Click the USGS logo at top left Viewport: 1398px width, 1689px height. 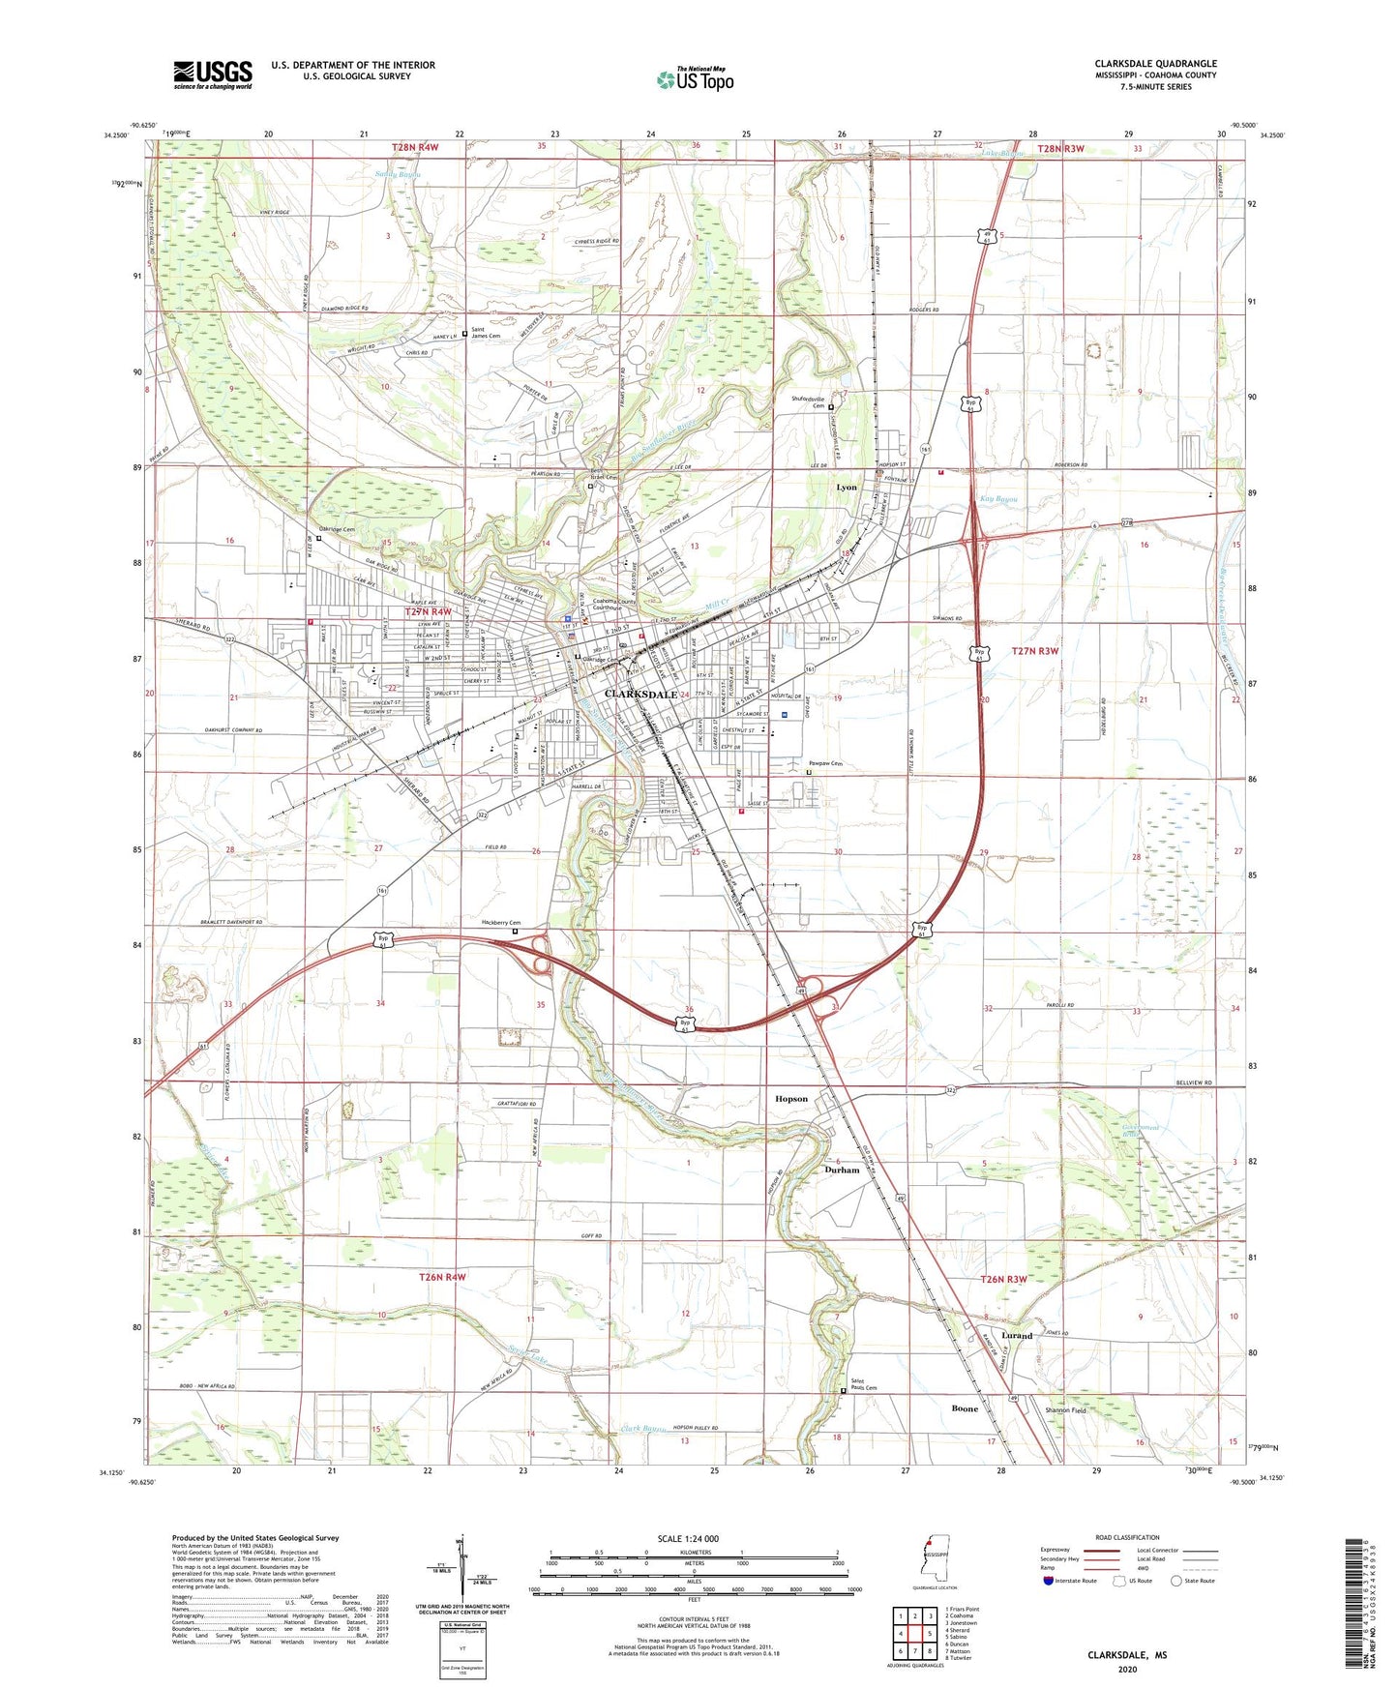click(x=212, y=74)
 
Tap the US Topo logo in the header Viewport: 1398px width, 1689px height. click(x=695, y=79)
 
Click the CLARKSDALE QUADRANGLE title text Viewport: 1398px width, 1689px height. click(x=1155, y=64)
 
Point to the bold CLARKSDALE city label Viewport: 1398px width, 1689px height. click(x=640, y=695)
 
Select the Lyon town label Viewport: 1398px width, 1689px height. click(x=847, y=488)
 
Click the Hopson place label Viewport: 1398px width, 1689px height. click(x=791, y=1099)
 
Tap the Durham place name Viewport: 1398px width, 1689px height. click(x=842, y=1170)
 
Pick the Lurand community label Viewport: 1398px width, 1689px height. click(x=1017, y=1336)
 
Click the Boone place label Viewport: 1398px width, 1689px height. click(x=965, y=1408)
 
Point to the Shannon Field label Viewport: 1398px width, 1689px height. click(x=1065, y=1410)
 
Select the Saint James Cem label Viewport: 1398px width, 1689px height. click(x=486, y=335)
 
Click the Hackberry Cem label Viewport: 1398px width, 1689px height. click(x=501, y=923)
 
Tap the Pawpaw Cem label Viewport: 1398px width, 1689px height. click(x=825, y=763)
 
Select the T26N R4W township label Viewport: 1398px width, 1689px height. click(x=442, y=1277)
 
